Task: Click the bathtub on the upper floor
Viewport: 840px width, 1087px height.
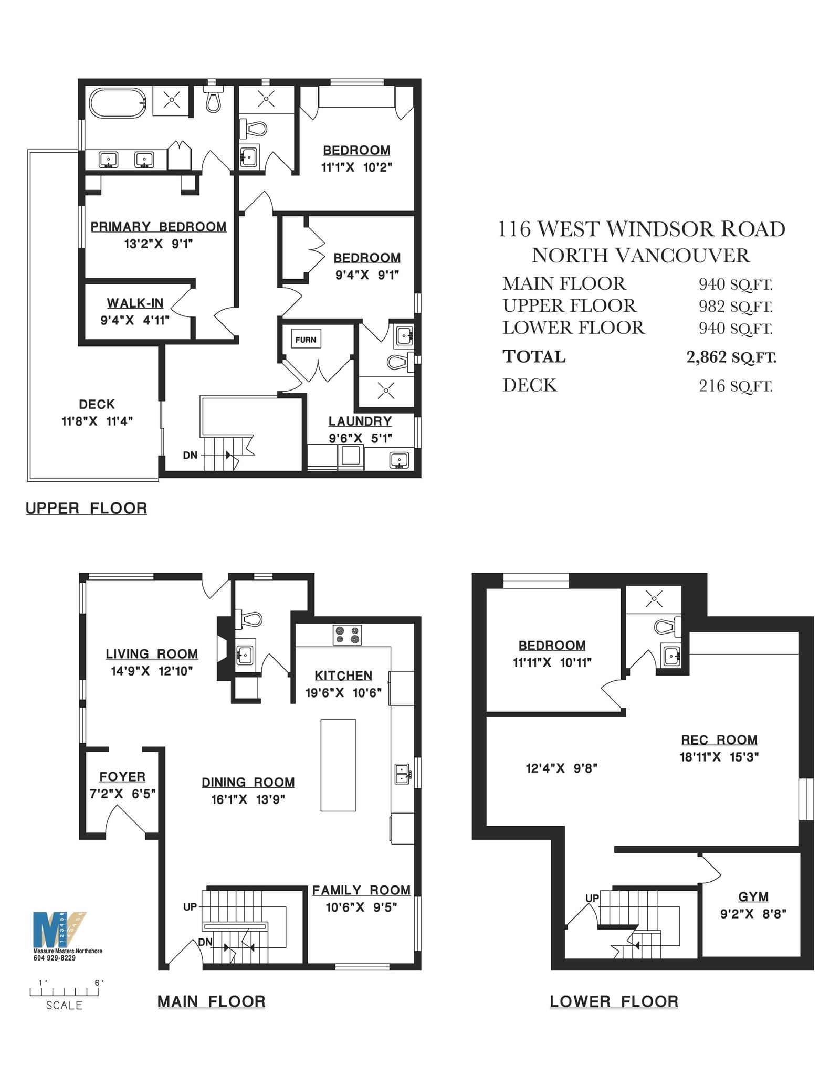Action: click(x=118, y=103)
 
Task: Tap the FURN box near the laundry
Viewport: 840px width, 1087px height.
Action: click(x=306, y=340)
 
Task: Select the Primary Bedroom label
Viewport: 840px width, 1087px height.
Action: click(x=159, y=227)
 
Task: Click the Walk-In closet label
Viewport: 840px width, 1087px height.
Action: click(x=135, y=303)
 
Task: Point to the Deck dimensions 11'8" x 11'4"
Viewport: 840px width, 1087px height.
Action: click(x=97, y=421)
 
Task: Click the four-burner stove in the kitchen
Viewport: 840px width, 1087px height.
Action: click(x=348, y=635)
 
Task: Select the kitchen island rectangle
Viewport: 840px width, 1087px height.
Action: click(x=339, y=765)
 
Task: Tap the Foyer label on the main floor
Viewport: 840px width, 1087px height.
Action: click(x=122, y=777)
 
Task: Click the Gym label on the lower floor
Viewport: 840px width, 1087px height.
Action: click(x=753, y=897)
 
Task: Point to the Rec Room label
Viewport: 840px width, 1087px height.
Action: click(x=719, y=740)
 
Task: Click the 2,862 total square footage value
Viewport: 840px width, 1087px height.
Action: click(x=731, y=357)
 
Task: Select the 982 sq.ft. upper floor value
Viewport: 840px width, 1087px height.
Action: click(x=736, y=306)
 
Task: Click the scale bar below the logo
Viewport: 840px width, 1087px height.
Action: click(x=64, y=991)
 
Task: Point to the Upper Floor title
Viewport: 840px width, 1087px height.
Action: click(x=87, y=509)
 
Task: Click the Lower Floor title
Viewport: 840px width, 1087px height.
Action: click(x=614, y=1002)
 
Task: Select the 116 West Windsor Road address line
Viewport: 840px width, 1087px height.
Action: click(x=641, y=229)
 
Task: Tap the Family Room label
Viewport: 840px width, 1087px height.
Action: click(x=361, y=890)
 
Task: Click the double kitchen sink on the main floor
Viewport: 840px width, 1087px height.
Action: click(x=402, y=774)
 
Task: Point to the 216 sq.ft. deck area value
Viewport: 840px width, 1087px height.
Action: click(x=736, y=386)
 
